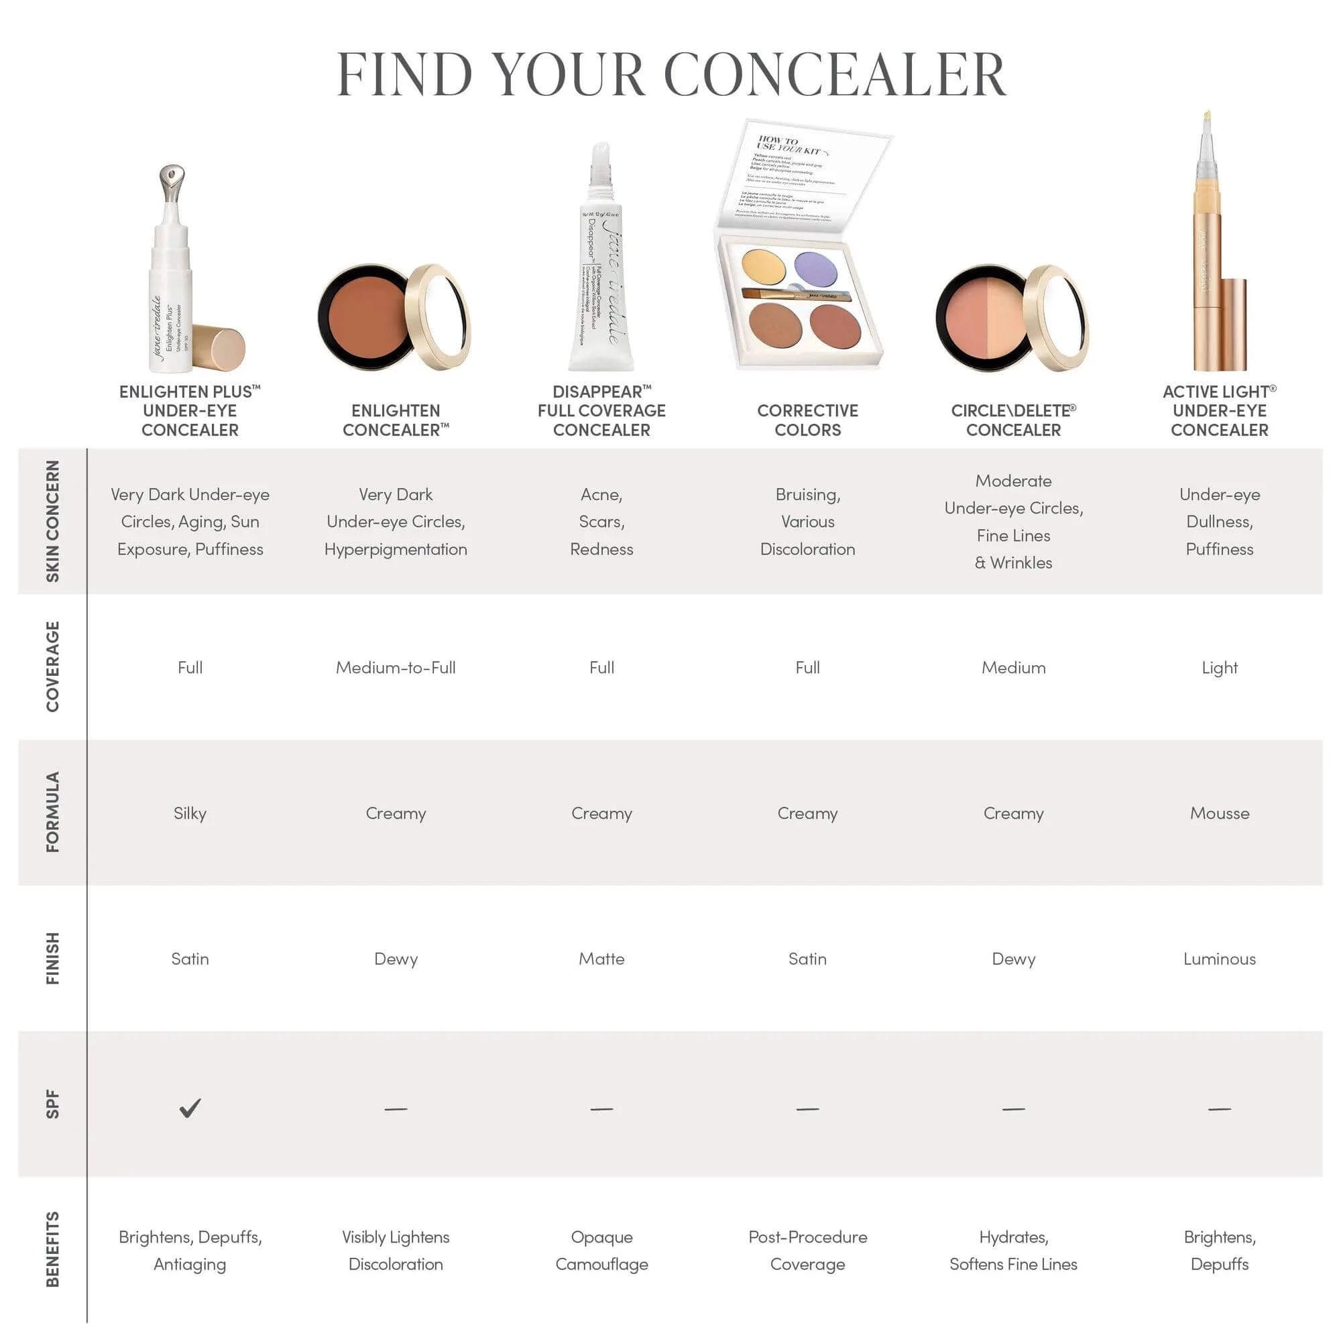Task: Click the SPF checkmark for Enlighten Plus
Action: pyautogui.click(x=190, y=1108)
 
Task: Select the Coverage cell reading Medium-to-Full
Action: pyautogui.click(x=396, y=668)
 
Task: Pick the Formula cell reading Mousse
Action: pyautogui.click(x=1219, y=813)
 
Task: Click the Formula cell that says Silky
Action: pyautogui.click(x=190, y=813)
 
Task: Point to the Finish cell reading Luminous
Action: pyautogui.click(x=1219, y=959)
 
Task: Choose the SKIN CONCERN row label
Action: pyautogui.click(x=53, y=520)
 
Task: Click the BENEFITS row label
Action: pyautogui.click(x=53, y=1249)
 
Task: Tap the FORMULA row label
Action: pyautogui.click(x=53, y=812)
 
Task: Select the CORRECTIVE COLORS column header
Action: pyautogui.click(x=807, y=420)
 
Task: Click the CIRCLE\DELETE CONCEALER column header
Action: pyautogui.click(x=1012, y=420)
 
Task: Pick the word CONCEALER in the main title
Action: pyautogui.click(x=834, y=74)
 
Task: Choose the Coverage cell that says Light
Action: pyautogui.click(x=1219, y=668)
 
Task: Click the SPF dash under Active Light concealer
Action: pyautogui.click(x=1219, y=1109)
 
